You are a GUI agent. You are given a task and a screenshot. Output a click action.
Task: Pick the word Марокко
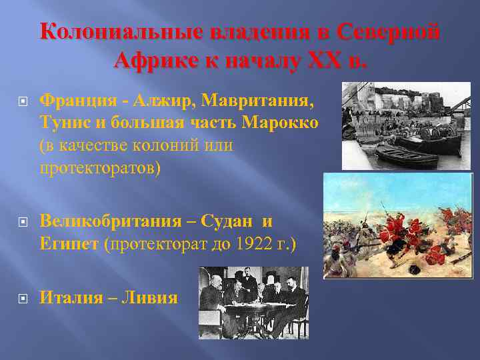[x=280, y=123]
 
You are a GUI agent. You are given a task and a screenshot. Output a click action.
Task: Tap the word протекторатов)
[x=100, y=167]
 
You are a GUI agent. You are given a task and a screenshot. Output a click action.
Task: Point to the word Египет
[x=70, y=243]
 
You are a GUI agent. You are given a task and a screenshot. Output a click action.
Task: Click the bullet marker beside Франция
[x=24, y=101]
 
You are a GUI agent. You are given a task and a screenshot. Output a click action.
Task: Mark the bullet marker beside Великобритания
[x=24, y=221]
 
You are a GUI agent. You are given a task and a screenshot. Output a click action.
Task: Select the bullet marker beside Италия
[x=24, y=297]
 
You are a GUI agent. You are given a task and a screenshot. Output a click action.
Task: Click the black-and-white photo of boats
[x=406, y=125]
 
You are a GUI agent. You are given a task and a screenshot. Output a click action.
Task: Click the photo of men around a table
[x=253, y=302]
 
